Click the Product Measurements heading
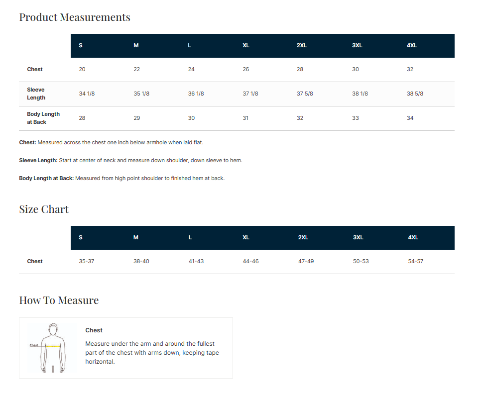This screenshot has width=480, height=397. [75, 17]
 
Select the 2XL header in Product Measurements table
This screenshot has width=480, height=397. [302, 45]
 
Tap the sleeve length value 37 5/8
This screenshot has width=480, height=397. [305, 94]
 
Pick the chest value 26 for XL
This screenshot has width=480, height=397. [246, 69]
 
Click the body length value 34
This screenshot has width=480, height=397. [410, 118]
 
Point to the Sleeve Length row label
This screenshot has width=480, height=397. [36, 94]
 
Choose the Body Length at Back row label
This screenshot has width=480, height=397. [43, 118]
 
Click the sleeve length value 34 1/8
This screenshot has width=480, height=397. [87, 94]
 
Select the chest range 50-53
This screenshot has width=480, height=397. [360, 261]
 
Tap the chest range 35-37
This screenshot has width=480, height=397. [86, 261]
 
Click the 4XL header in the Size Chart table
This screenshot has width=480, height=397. [413, 237]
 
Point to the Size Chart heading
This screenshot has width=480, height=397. [44, 209]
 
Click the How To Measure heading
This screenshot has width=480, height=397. [59, 300]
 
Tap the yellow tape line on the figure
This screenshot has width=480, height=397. [53, 346]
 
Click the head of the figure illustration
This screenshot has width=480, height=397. [53, 329]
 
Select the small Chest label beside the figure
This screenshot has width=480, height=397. [34, 345]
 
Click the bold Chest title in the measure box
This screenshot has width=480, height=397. [94, 330]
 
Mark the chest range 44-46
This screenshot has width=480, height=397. [250, 261]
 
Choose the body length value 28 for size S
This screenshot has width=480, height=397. [82, 118]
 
